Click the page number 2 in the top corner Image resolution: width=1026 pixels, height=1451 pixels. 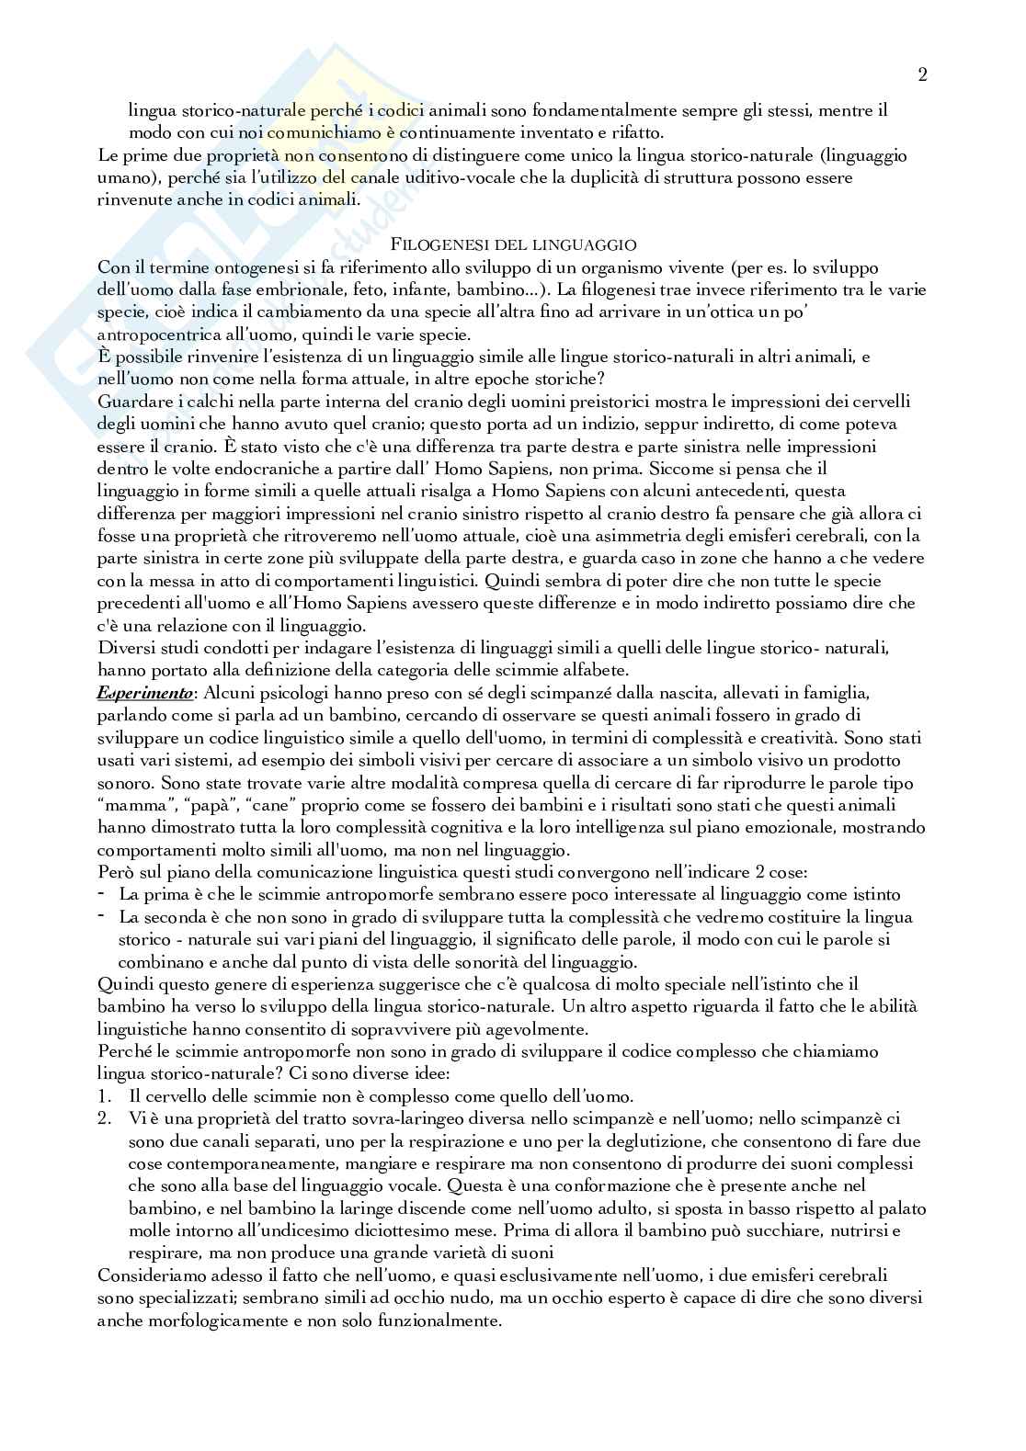coord(921,75)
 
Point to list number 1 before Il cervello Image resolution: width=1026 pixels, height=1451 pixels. coord(105,1096)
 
